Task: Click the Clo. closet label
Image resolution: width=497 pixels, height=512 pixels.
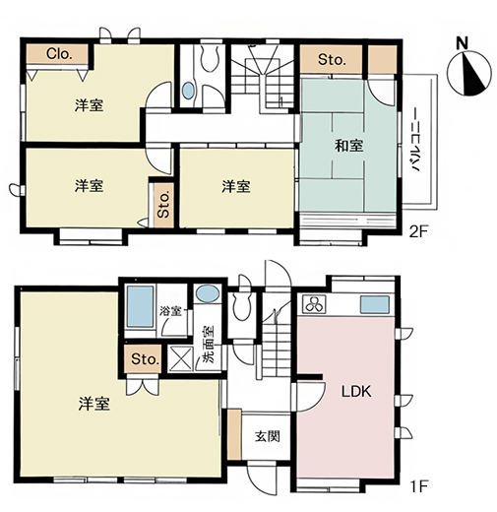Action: (59, 54)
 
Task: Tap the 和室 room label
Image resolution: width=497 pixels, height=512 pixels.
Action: (349, 146)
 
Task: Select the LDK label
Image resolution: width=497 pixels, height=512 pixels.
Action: (356, 392)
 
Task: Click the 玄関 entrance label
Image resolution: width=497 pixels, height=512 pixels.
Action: (268, 436)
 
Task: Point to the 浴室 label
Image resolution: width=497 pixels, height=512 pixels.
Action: (171, 310)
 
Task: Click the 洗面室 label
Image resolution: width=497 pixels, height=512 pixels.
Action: (208, 345)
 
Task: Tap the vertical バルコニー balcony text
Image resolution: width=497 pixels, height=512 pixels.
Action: (415, 140)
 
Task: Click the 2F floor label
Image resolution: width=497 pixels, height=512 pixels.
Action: (419, 231)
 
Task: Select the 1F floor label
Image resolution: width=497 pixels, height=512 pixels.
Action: (419, 486)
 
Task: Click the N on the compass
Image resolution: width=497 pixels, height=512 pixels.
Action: (463, 43)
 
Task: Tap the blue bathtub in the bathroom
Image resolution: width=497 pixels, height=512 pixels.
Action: (140, 307)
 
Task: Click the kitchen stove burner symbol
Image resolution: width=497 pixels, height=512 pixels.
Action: (314, 304)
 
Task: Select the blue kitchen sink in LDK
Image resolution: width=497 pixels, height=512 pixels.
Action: (375, 304)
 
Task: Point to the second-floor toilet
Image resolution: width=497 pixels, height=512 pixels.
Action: (209, 58)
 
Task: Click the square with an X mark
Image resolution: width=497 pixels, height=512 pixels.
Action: (181, 358)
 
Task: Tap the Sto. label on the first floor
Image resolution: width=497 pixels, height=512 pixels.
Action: (146, 359)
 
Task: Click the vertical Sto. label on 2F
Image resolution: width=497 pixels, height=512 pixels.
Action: (163, 205)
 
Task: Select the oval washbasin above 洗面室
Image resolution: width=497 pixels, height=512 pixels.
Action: (208, 293)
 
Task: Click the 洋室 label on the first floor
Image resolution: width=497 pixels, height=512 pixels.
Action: (93, 404)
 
